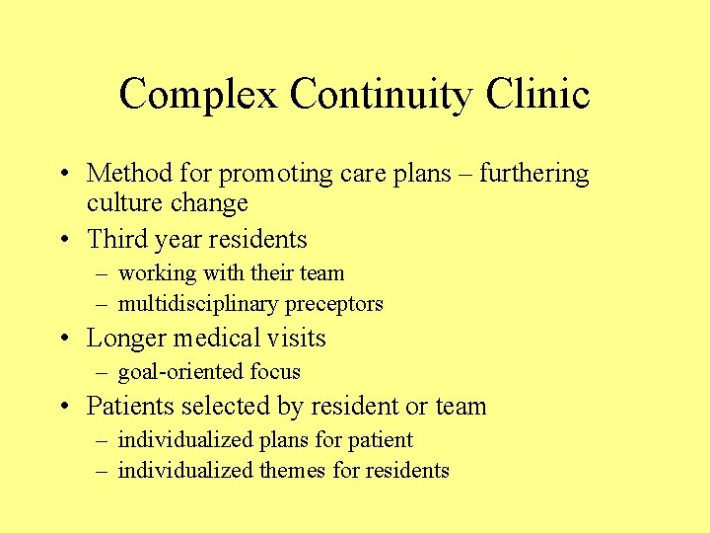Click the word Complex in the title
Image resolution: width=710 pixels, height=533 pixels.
click(198, 95)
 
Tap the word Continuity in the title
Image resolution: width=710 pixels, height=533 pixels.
click(381, 95)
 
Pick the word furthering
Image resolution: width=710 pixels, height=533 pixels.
click(527, 174)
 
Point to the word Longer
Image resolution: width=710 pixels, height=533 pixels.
click(127, 339)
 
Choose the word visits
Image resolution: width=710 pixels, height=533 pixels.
click(296, 338)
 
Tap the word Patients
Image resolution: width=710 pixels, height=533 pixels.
click(129, 406)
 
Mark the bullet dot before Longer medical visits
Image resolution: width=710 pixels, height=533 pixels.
click(64, 339)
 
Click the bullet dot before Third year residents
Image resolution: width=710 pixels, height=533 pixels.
click(64, 240)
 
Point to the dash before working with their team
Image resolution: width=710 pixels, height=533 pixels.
click(103, 273)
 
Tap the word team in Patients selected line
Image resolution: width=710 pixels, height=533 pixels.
click(461, 406)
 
